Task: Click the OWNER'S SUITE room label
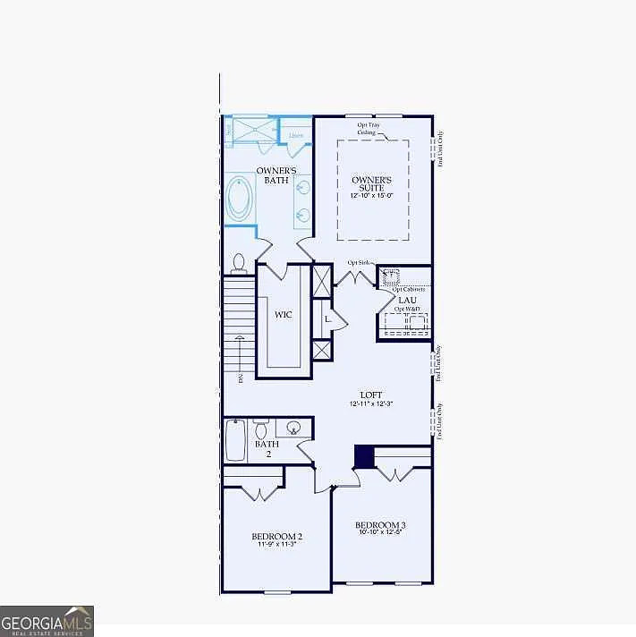pyautogui.click(x=373, y=183)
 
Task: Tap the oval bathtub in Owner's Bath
pyautogui.click(x=240, y=200)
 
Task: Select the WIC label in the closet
pyautogui.click(x=283, y=315)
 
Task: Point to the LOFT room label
pyautogui.click(x=371, y=395)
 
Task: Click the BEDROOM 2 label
pyautogui.click(x=276, y=537)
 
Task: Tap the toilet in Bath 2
pyautogui.click(x=261, y=429)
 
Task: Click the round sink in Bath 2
pyautogui.click(x=293, y=429)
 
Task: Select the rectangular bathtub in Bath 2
pyautogui.click(x=235, y=439)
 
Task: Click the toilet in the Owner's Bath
pyautogui.click(x=239, y=262)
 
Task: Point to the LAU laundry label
pyautogui.click(x=404, y=301)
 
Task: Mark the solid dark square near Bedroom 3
pyautogui.click(x=364, y=456)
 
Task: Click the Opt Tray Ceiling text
pyautogui.click(x=367, y=129)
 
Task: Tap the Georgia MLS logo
pyautogui.click(x=47, y=620)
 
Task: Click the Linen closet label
pyautogui.click(x=296, y=135)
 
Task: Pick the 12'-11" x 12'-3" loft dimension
pyautogui.click(x=372, y=404)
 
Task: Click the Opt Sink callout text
pyautogui.click(x=358, y=262)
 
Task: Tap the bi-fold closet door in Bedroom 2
pyautogui.click(x=254, y=492)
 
